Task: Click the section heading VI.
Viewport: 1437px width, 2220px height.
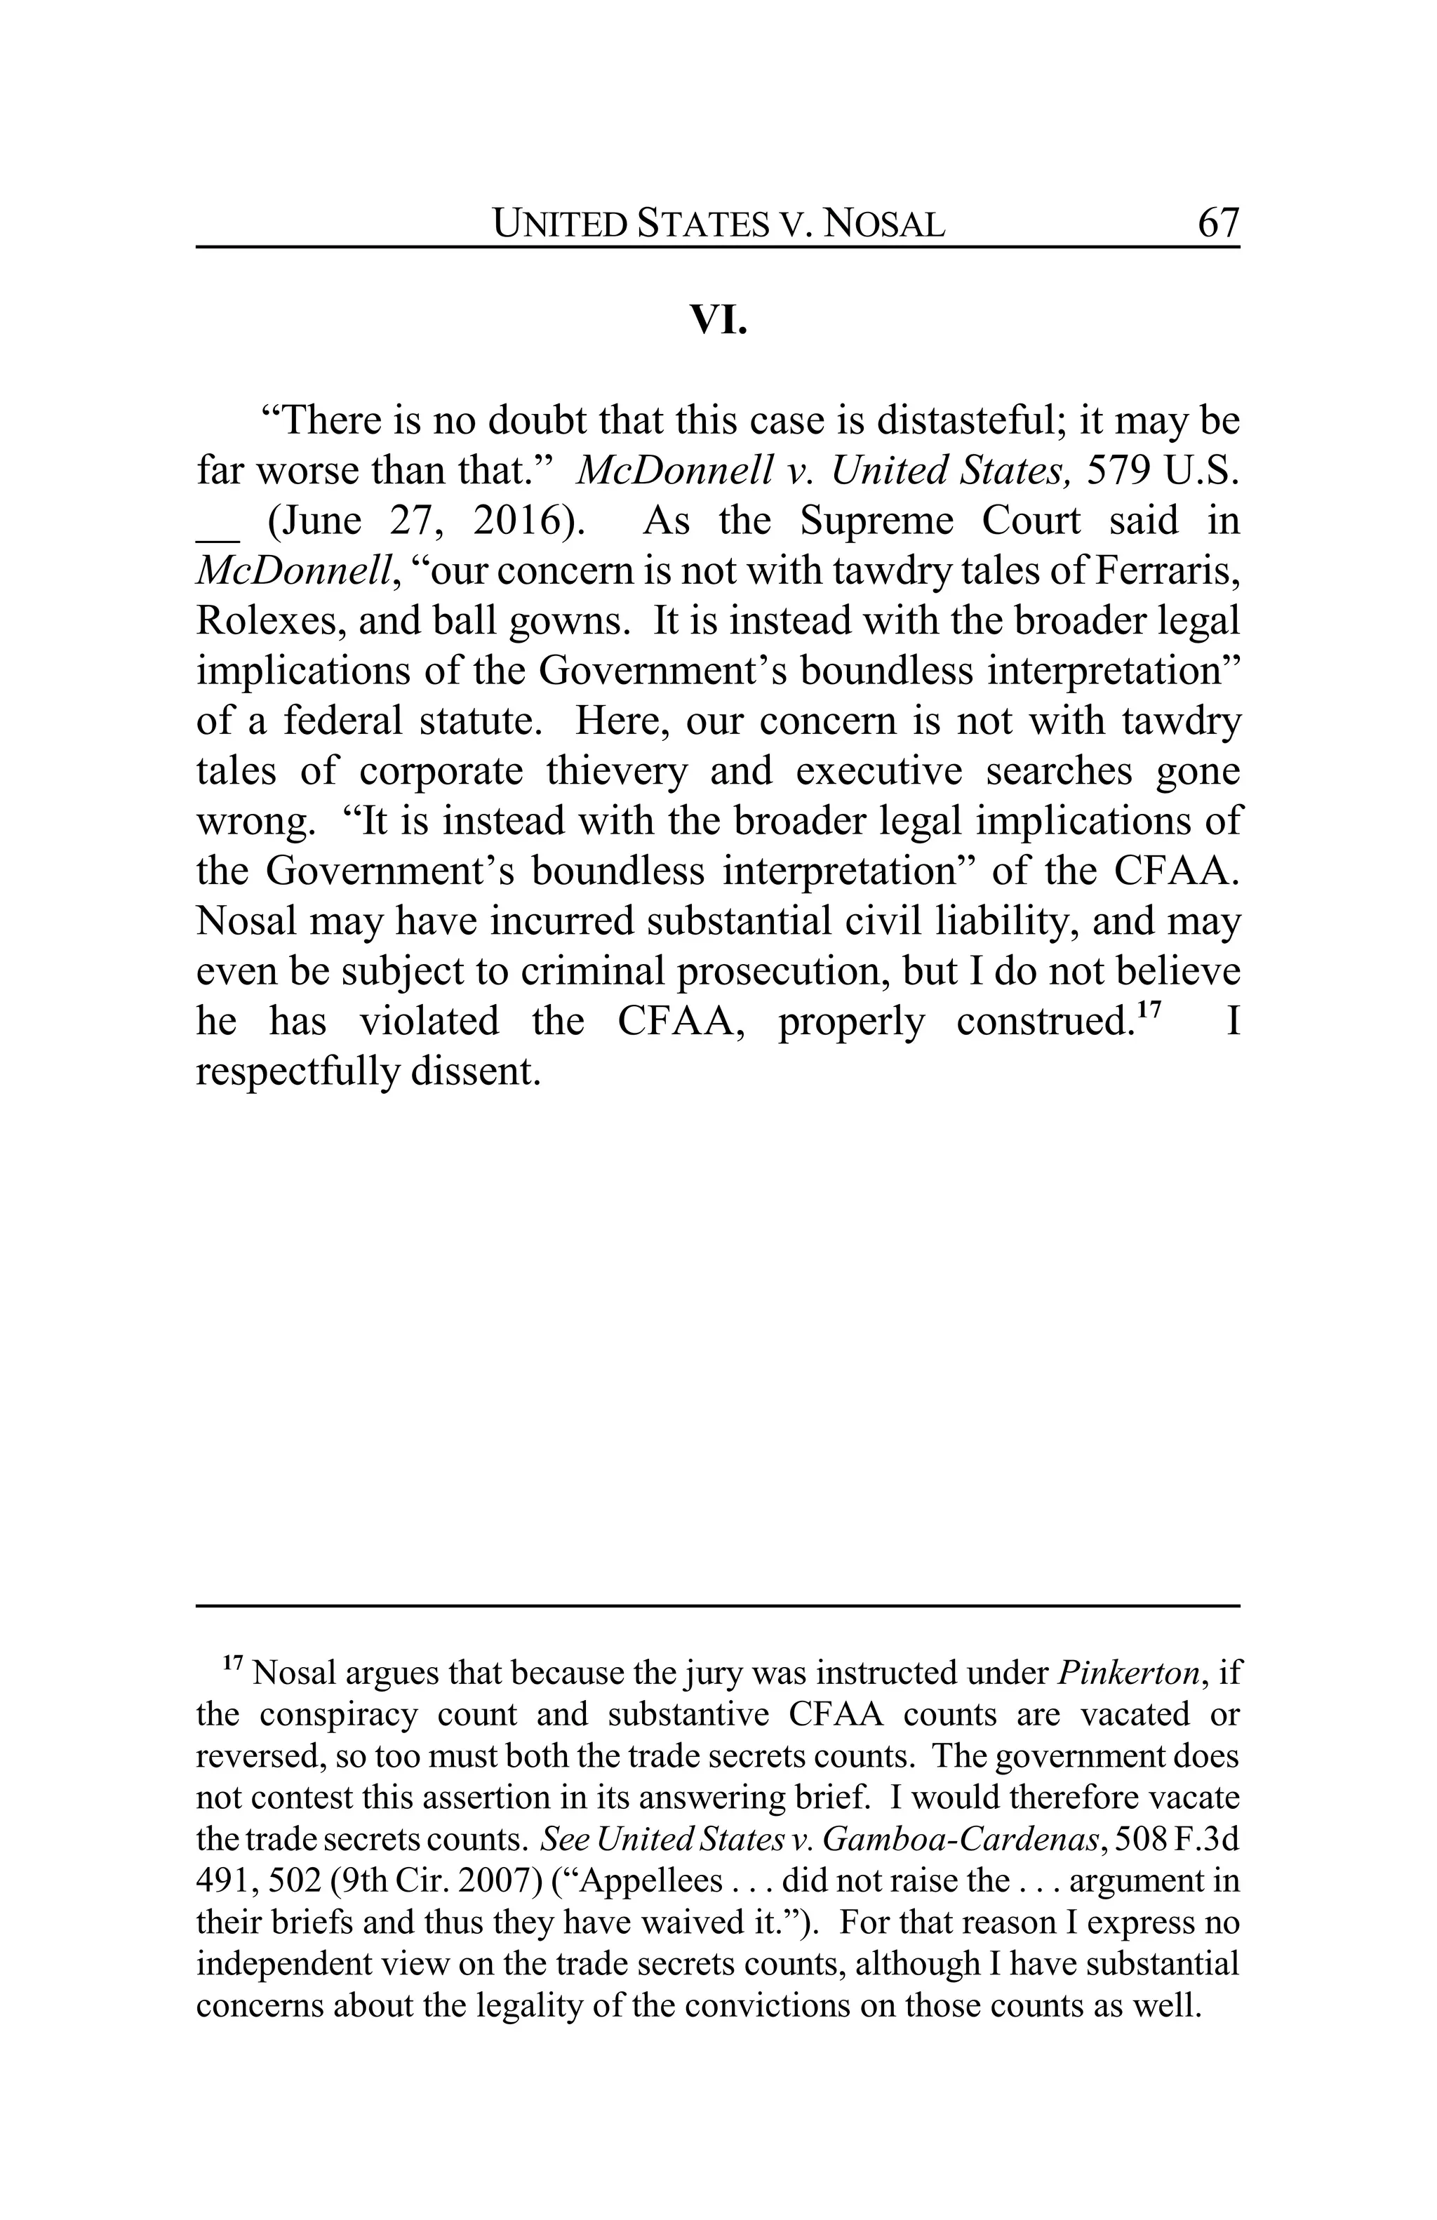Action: (x=718, y=320)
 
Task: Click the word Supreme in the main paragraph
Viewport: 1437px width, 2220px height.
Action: (x=876, y=521)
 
